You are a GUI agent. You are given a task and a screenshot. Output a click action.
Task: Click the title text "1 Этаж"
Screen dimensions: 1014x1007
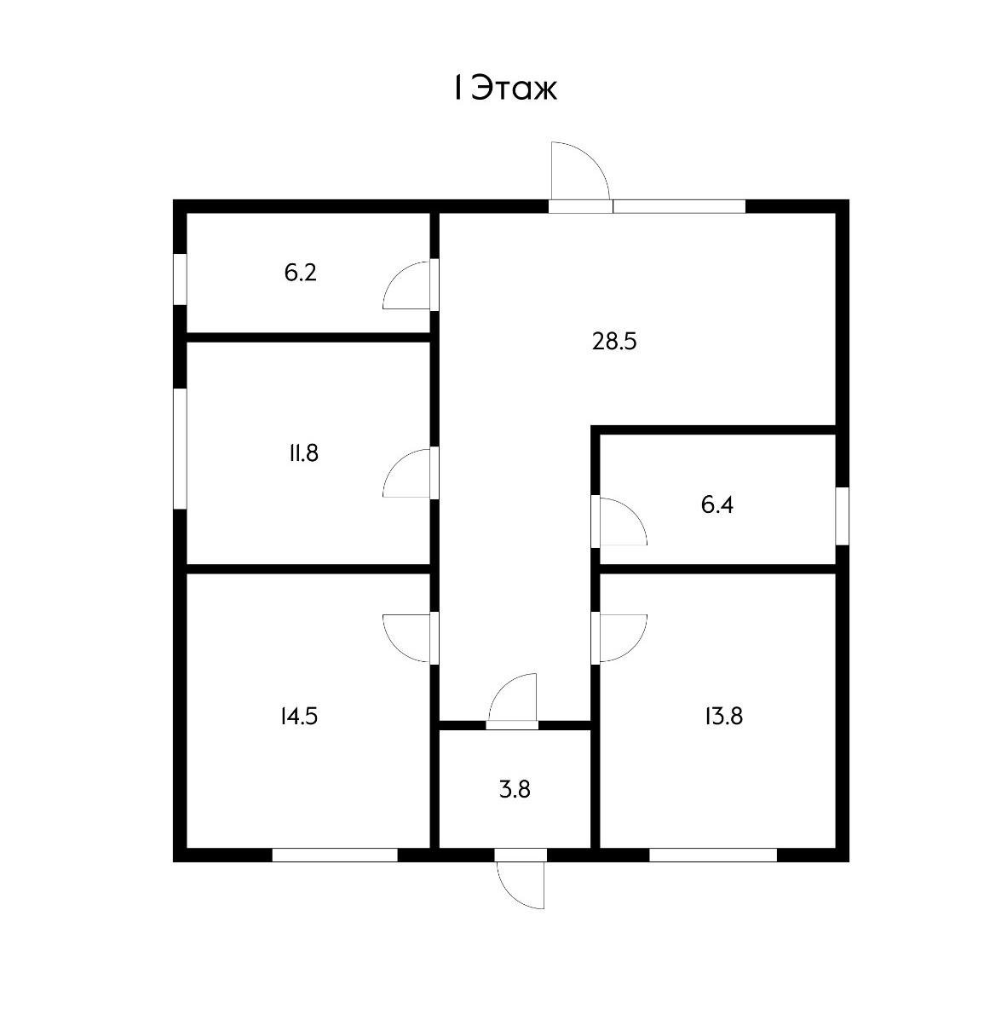coord(504,88)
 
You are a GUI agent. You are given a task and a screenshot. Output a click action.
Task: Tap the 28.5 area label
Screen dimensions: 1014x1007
coord(614,342)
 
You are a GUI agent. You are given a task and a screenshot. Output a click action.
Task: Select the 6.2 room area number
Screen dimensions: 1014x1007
coord(301,274)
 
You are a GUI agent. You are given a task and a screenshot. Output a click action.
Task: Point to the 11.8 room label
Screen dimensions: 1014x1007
coord(303,452)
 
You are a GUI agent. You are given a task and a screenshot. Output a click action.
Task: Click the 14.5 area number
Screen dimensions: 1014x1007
coord(298,716)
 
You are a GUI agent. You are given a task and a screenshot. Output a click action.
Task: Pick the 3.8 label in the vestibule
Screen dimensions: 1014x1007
coord(515,789)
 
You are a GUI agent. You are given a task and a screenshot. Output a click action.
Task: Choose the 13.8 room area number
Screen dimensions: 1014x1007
coord(723,716)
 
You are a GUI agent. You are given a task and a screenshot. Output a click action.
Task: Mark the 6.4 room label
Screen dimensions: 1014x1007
coord(716,505)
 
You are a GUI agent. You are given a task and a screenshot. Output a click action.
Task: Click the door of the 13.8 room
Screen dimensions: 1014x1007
coord(621,637)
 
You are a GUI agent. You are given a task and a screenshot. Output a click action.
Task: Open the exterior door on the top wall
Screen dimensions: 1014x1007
coord(578,174)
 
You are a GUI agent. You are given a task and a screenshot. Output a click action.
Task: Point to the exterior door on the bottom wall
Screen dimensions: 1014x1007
coord(521,883)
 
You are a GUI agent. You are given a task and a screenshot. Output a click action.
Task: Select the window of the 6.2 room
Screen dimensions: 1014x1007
coord(180,278)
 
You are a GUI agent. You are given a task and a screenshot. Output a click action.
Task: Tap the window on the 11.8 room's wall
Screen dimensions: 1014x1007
coord(180,449)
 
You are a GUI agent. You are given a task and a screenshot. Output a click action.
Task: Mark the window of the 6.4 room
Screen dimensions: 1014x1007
coord(842,516)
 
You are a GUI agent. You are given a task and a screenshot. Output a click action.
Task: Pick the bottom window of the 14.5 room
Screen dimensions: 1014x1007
coord(335,855)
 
